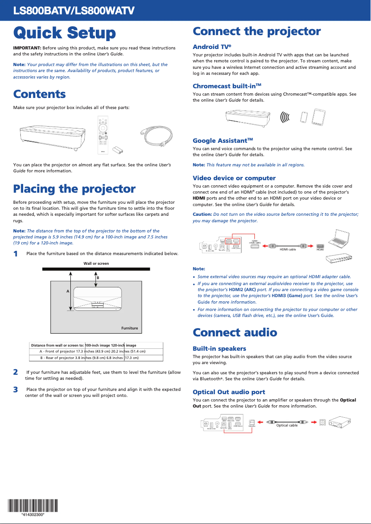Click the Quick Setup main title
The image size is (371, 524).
click(x=64, y=33)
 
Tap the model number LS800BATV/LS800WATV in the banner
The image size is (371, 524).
click(x=74, y=10)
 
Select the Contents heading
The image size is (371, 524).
click(x=39, y=94)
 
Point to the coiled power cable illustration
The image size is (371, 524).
click(x=157, y=136)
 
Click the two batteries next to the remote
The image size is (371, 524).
click(x=119, y=149)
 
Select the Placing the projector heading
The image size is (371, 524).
click(x=74, y=189)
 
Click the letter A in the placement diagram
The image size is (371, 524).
click(x=68, y=292)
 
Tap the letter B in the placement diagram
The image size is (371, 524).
click(x=98, y=277)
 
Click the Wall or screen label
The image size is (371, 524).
click(x=96, y=263)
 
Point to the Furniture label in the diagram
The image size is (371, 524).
click(x=130, y=328)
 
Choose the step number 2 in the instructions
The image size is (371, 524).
click(x=16, y=372)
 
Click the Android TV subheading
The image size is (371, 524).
click(x=211, y=47)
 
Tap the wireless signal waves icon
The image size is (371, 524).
click(x=285, y=117)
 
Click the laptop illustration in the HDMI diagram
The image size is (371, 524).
click(x=340, y=237)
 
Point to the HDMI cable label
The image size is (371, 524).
click(x=288, y=250)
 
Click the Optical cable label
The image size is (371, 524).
click(x=287, y=425)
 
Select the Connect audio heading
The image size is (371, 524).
click(x=235, y=333)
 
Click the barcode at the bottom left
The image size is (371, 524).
click(x=32, y=506)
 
